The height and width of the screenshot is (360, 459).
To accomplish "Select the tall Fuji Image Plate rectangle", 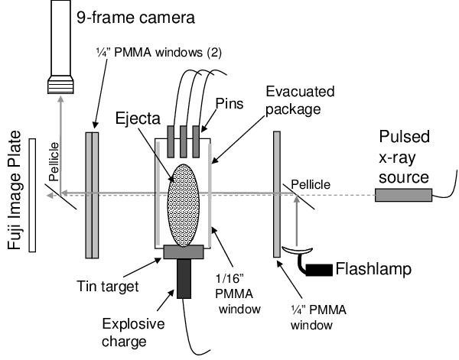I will (33, 195).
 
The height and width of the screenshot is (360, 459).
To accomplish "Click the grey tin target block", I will (184, 251).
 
